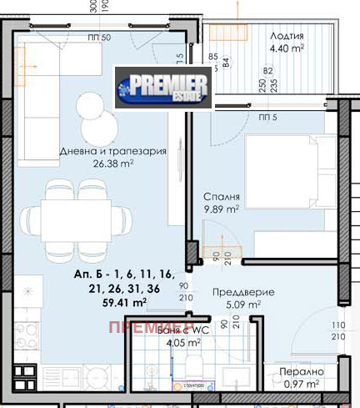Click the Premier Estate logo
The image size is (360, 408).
[165, 87]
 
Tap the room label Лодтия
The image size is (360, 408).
[287, 36]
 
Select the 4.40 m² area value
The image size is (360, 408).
[286, 49]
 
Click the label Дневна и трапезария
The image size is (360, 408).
[112, 151]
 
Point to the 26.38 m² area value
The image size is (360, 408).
[112, 164]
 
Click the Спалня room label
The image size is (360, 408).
[222, 197]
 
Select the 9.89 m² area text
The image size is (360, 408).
[222, 209]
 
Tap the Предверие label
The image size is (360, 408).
[239, 292]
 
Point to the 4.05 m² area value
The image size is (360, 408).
[182, 342]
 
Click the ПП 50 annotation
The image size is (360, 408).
[99, 37]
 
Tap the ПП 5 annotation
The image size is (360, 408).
[268, 118]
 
